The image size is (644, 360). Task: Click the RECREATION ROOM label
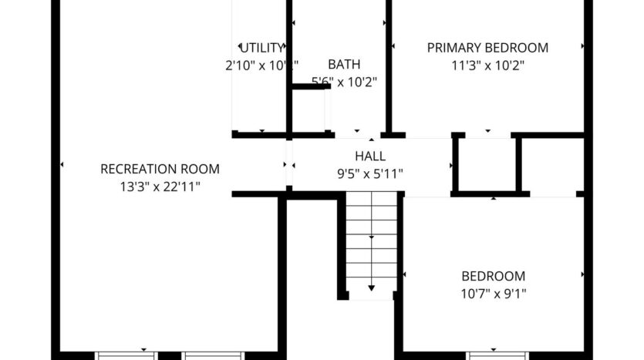(160, 169)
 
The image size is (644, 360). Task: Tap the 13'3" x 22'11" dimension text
(160, 186)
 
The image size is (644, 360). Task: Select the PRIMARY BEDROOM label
(487, 48)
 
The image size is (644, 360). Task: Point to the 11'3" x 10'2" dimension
(487, 65)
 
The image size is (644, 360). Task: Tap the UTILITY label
(262, 48)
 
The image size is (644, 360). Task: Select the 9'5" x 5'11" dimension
(370, 173)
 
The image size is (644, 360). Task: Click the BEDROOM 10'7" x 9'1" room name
(493, 276)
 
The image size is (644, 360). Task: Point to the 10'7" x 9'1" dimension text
(493, 293)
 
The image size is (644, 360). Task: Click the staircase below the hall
(371, 239)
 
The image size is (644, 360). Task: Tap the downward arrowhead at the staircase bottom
(371, 288)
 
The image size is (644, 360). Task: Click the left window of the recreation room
(126, 355)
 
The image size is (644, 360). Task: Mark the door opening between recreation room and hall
(288, 164)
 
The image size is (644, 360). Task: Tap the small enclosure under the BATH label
(310, 110)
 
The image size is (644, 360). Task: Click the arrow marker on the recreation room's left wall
(62, 165)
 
